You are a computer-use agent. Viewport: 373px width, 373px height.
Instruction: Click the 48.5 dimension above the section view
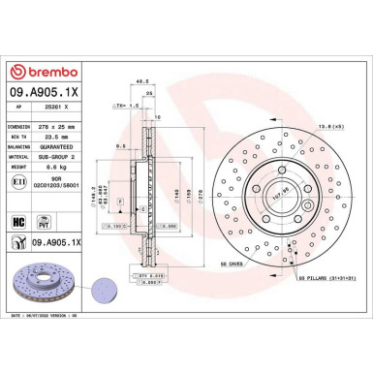pos(141,82)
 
